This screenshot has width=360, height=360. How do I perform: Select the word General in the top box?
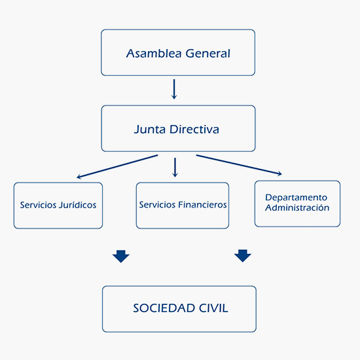[x=204, y=53]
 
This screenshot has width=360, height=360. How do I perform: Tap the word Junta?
[x=149, y=130]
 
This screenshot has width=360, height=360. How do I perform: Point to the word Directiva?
[x=194, y=129]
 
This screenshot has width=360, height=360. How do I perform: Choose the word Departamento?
[x=296, y=197]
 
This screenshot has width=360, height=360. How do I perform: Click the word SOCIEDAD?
[x=160, y=308]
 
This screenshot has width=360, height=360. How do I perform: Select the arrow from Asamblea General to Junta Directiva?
[x=174, y=89]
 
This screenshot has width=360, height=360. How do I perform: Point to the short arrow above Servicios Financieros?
[x=175, y=167]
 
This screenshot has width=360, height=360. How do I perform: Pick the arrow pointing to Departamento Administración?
[x=239, y=165]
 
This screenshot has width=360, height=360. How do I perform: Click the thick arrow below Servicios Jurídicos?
[x=120, y=256]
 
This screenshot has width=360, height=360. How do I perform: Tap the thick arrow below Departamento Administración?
[x=243, y=256]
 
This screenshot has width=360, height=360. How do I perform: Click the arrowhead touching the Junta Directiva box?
[x=174, y=96]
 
